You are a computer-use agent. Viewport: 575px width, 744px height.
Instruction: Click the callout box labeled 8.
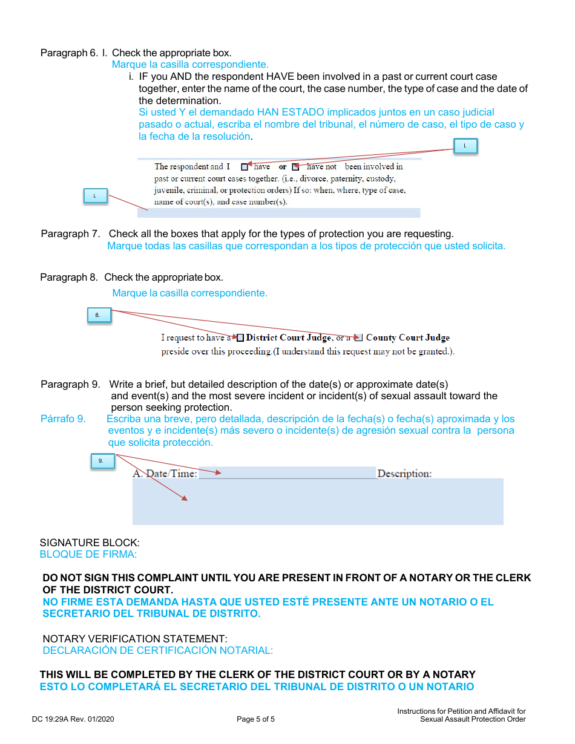tap(98, 315)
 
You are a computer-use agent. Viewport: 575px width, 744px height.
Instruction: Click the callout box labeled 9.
tap(101, 461)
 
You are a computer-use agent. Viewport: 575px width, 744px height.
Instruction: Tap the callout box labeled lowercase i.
tap(94, 196)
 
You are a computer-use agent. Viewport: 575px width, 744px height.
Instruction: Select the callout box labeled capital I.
tap(465, 146)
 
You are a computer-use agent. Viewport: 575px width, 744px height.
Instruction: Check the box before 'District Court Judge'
tap(240, 338)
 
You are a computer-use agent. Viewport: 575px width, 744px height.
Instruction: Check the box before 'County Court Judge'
tap(358, 338)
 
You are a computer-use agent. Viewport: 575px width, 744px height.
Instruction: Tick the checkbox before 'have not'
tap(295, 166)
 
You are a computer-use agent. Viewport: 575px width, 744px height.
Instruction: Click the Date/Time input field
tap(287, 472)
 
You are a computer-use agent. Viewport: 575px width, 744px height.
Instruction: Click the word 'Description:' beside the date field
tap(404, 474)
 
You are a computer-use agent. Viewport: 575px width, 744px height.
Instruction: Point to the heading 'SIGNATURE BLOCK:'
tap(90, 543)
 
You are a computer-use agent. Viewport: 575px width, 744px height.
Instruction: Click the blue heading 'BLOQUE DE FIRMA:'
tap(88, 554)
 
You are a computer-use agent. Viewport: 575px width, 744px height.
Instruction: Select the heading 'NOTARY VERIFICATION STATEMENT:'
tap(135, 639)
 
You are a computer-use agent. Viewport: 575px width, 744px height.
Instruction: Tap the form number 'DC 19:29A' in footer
tap(53, 719)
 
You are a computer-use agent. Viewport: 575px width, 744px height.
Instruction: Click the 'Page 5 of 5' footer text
tap(256, 719)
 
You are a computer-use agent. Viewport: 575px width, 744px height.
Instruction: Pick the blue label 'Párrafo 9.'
tap(63, 419)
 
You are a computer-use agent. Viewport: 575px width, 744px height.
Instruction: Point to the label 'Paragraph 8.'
tap(68, 277)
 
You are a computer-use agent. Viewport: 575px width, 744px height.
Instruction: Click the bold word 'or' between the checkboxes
tap(283, 166)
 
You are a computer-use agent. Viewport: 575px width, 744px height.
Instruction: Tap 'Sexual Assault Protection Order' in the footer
tap(473, 719)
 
